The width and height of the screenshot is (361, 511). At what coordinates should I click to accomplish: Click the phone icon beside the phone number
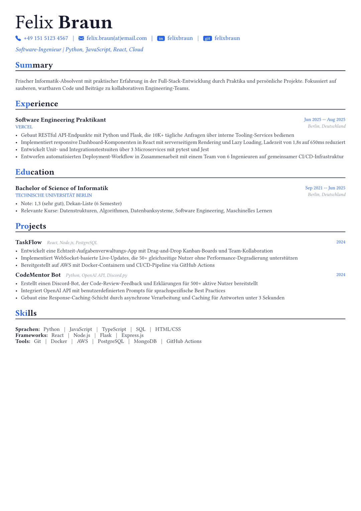18,38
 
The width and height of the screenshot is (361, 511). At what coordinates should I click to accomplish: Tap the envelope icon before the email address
81,38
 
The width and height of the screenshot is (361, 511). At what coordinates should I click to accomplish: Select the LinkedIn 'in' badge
161,38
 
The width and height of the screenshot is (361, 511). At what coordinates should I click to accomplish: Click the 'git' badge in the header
207,38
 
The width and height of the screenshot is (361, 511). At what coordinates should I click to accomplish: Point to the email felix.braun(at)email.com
117,38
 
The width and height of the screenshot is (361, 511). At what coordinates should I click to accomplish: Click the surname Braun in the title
85,22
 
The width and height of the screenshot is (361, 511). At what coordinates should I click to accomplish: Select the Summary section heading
34,65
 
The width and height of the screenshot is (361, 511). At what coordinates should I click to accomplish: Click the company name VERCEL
24,127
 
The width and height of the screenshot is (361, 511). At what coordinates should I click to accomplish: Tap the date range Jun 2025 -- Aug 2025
324,119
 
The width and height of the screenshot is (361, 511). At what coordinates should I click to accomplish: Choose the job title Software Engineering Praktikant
61,120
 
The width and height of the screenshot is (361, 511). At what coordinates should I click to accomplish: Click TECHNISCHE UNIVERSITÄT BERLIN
53,195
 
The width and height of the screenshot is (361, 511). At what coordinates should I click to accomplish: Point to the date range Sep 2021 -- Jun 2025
325,188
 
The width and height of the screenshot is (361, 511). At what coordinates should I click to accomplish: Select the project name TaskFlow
28,242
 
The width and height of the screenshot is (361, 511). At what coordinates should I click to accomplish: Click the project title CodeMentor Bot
38,275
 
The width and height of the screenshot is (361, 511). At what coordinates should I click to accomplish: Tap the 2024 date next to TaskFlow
341,242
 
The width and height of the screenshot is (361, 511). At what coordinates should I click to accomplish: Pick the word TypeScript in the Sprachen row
114,329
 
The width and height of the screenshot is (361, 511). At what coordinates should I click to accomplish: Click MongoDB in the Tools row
145,341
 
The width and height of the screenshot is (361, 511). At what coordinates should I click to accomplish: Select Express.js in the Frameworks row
132,335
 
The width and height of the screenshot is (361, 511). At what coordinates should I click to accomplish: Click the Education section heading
35,172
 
